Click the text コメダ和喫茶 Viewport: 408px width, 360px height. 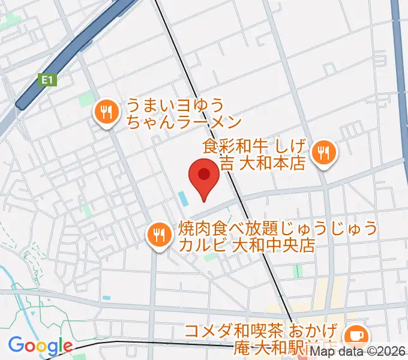click(223, 330)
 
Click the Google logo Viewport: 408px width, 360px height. click(40, 346)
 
